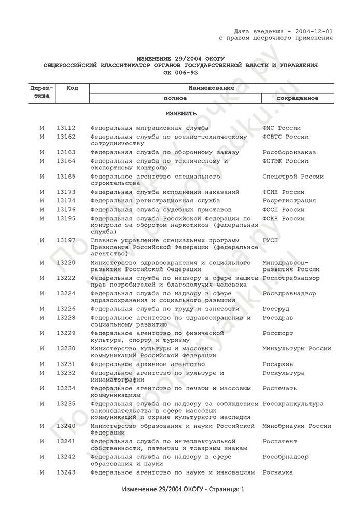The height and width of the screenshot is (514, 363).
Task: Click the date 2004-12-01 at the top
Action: [x=313, y=31]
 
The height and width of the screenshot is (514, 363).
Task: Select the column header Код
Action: [x=72, y=88]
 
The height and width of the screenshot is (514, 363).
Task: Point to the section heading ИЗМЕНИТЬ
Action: [x=181, y=113]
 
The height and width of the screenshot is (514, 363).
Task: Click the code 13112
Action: [x=66, y=128]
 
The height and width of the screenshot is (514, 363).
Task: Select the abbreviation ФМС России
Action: [x=282, y=128]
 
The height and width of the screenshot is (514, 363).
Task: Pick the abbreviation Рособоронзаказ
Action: [x=289, y=152]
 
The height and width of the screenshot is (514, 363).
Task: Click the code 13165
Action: [x=66, y=177]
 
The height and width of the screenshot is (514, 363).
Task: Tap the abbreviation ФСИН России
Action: [x=283, y=192]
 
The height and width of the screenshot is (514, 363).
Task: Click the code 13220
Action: [x=66, y=263]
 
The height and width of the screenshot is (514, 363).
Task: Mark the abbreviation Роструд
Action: [x=277, y=309]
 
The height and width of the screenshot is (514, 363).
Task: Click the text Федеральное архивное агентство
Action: [x=147, y=364]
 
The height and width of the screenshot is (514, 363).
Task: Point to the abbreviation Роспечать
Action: [x=280, y=388]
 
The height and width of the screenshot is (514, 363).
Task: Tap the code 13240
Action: [x=66, y=426]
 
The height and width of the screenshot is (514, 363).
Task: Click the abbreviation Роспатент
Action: [x=280, y=441]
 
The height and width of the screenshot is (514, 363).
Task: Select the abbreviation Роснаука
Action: [x=278, y=472]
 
